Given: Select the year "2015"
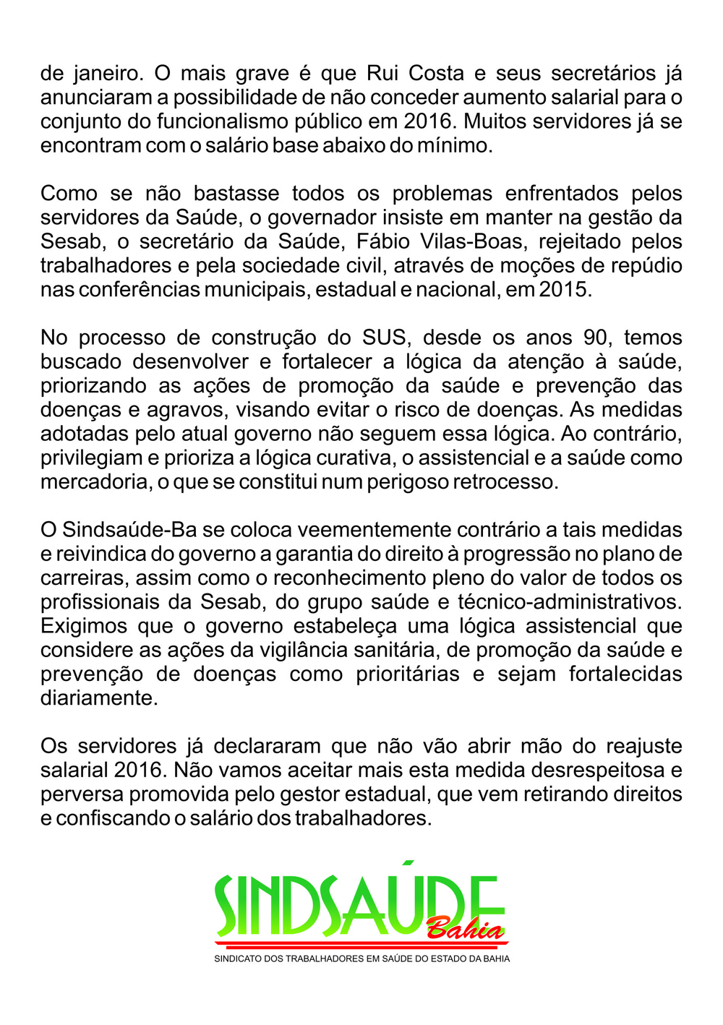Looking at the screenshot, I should click(565, 290).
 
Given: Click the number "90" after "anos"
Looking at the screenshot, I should click(596, 338).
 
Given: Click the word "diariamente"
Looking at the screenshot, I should click(99, 698).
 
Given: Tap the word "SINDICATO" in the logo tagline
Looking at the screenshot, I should click(239, 959).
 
